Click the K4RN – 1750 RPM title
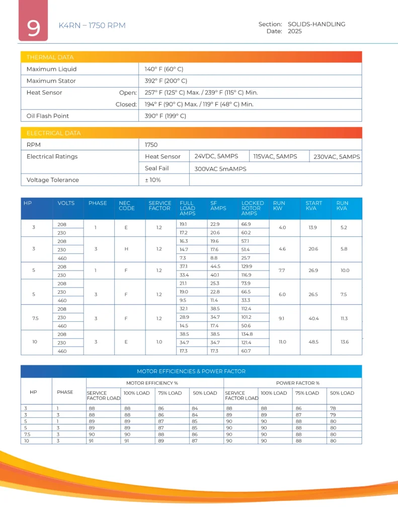point(92,26)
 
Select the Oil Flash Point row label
point(48,116)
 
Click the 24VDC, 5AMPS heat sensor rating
point(216,156)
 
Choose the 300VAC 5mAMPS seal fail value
point(220,169)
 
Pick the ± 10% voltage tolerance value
point(152,180)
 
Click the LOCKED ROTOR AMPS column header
point(251,208)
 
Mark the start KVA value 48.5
point(313,342)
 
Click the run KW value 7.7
point(282,271)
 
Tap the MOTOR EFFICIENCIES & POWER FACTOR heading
point(191,372)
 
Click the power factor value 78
point(333,408)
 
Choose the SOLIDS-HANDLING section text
point(316,24)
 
